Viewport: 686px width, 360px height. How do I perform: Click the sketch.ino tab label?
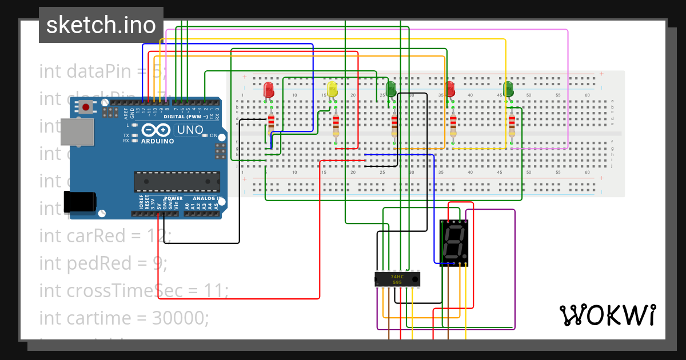click(x=101, y=25)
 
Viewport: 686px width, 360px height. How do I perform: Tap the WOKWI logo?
click(x=607, y=315)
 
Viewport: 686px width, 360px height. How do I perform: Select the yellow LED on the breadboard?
click(x=332, y=90)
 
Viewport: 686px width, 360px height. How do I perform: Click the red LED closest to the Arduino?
click(x=269, y=90)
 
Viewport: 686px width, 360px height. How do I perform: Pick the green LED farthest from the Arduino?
click(x=508, y=90)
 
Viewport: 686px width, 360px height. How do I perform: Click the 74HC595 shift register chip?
click(x=397, y=279)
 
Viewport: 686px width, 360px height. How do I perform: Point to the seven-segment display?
click(x=454, y=242)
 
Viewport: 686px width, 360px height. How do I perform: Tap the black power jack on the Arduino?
click(x=78, y=202)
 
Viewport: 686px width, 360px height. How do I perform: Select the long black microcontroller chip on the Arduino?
click(x=176, y=181)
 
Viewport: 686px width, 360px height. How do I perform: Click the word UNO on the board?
click(x=190, y=130)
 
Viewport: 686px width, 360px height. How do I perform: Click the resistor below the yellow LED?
click(x=336, y=124)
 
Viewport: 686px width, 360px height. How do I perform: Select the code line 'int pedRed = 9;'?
click(x=103, y=263)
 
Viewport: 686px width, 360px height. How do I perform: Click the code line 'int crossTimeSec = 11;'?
click(x=134, y=290)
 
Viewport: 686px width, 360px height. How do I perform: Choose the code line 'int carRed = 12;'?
click(x=105, y=235)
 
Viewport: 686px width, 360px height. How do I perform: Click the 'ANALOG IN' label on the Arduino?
click(x=207, y=198)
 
